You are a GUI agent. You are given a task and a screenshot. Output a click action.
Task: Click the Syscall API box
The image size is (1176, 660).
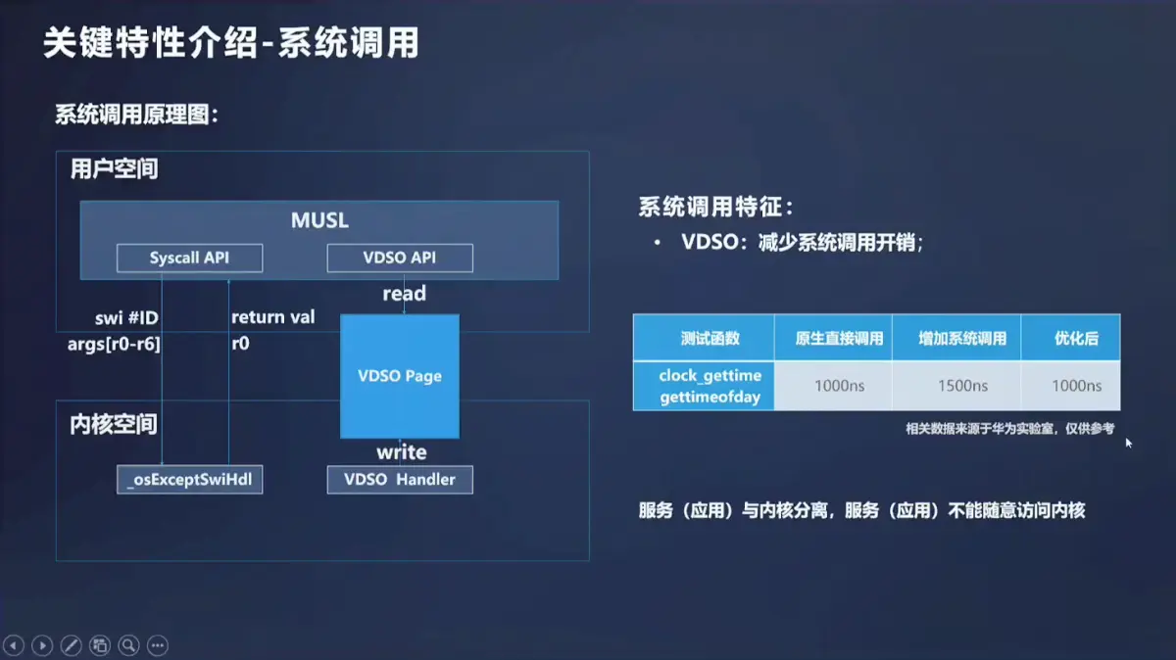click(x=189, y=258)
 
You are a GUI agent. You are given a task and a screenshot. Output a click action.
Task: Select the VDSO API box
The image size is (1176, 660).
click(x=399, y=258)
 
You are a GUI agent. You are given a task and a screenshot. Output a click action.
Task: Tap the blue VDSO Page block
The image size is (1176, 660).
click(x=400, y=376)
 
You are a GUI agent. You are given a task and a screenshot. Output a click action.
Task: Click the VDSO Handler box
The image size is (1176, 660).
click(x=400, y=479)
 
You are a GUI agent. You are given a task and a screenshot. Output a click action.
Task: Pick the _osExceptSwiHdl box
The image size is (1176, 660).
click(x=189, y=479)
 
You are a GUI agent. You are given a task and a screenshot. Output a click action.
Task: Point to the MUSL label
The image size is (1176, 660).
click(x=319, y=220)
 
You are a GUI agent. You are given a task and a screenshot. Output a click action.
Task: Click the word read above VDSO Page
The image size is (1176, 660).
click(x=404, y=293)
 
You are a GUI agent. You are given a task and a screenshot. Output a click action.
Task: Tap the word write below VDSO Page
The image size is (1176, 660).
click(x=402, y=451)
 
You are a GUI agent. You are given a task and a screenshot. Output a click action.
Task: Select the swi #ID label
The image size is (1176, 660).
click(x=125, y=316)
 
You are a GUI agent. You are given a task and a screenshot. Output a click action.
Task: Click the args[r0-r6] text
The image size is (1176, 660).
click(x=114, y=344)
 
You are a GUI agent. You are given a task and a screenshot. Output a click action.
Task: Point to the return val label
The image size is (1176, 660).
click(x=272, y=316)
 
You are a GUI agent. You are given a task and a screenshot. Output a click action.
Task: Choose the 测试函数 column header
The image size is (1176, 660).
click(x=704, y=339)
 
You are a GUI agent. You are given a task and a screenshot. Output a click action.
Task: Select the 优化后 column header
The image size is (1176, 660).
click(x=1070, y=339)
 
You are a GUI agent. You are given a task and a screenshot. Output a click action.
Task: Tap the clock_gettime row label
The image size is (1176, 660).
click(x=710, y=375)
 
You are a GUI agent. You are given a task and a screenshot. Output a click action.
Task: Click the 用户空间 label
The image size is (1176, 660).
click(x=114, y=169)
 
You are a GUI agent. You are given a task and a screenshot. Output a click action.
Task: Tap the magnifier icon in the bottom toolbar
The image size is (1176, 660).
click(x=128, y=645)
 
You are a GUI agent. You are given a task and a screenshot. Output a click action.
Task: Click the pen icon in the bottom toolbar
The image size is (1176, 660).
click(x=71, y=645)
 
